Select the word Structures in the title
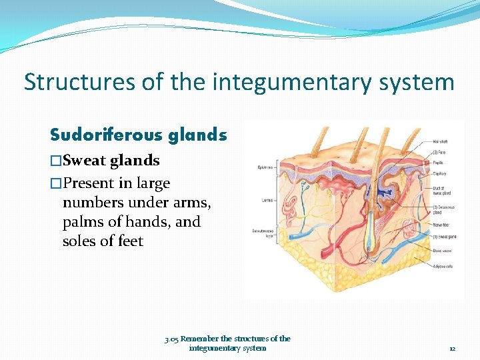coord(81,82)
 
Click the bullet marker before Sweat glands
coord(56,161)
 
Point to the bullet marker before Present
coord(56,183)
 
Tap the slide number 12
coord(452,348)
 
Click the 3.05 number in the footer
coord(171,339)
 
